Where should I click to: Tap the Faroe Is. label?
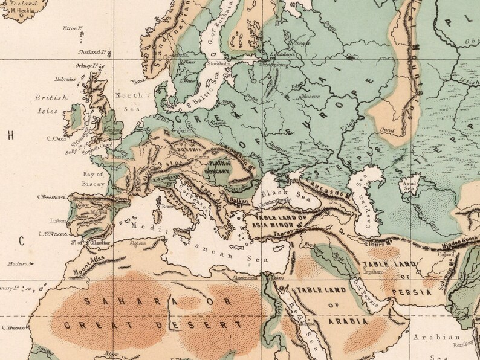pos(71,28)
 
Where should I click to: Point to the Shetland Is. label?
pos(90,53)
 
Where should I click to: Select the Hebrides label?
pos(64,79)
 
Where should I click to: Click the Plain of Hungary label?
pos(218,167)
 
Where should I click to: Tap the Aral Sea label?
pos(409,185)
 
